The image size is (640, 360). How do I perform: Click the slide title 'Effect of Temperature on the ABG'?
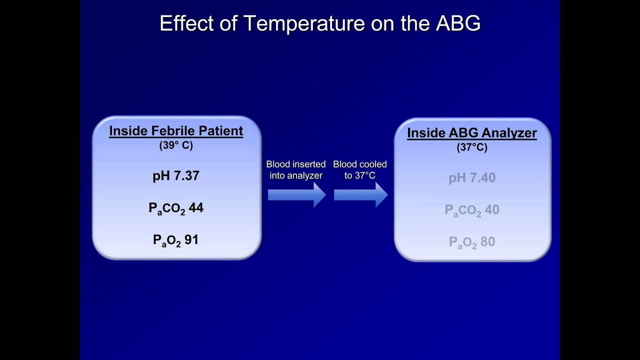[x=320, y=23]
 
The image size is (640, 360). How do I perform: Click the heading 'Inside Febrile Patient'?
[x=176, y=131]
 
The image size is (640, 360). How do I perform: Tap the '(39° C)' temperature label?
[x=176, y=145]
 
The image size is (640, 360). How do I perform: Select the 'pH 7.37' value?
[x=176, y=176]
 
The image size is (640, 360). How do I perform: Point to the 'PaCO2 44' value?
[x=176, y=208]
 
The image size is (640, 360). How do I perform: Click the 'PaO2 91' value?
[x=176, y=240]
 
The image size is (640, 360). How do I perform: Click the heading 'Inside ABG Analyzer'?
[x=472, y=133]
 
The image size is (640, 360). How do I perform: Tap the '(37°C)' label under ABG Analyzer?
[x=472, y=147]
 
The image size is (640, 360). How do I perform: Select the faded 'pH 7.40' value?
[x=472, y=178]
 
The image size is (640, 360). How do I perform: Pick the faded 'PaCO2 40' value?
[x=472, y=210]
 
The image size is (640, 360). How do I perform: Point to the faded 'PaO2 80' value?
[x=472, y=242]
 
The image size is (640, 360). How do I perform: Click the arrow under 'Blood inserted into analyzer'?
[x=296, y=194]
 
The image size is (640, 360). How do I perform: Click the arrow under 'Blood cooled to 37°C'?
[x=360, y=194]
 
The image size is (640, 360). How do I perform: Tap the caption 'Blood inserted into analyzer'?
[x=296, y=170]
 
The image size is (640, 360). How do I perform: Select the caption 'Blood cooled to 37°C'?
[x=360, y=170]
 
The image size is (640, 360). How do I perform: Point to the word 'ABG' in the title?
[x=458, y=23]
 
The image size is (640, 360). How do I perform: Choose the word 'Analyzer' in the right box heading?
[x=506, y=133]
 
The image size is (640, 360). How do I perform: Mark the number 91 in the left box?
[x=191, y=240]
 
